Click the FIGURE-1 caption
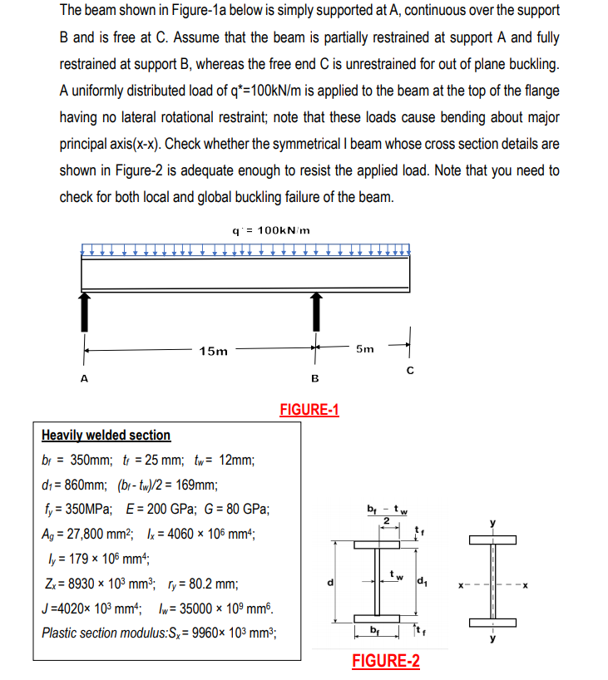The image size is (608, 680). [309, 410]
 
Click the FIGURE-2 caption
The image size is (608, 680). [385, 662]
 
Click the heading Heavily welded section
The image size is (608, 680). [106, 436]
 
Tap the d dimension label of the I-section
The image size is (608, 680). [329, 581]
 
